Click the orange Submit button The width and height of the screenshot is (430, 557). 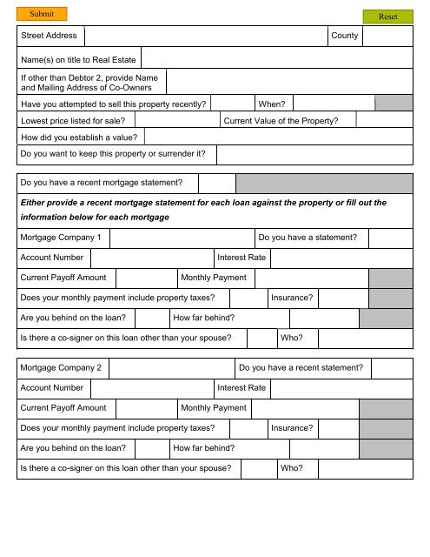click(x=41, y=14)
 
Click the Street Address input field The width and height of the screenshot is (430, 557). click(x=205, y=36)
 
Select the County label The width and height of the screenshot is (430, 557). click(x=344, y=36)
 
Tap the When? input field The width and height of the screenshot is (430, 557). click(x=334, y=104)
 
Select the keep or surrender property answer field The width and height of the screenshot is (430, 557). click(x=314, y=154)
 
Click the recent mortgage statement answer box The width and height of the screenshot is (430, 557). click(x=217, y=183)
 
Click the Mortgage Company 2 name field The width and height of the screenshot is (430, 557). click(x=172, y=368)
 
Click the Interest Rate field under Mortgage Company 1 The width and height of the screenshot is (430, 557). click(x=341, y=258)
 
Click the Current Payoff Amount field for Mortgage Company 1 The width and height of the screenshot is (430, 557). click(x=145, y=278)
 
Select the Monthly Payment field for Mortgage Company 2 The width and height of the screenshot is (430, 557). click(x=305, y=408)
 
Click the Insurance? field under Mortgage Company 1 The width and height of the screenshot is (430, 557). click(x=343, y=298)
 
